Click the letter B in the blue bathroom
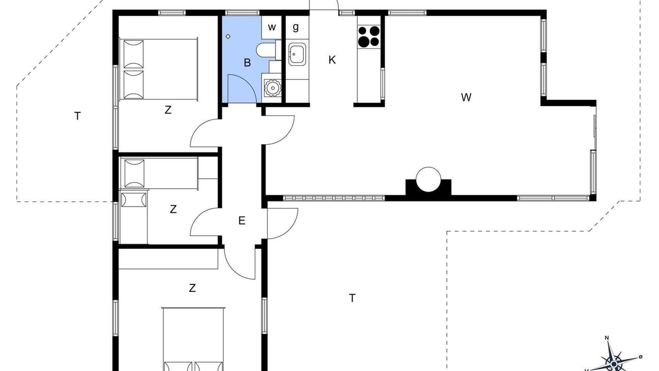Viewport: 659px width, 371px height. tap(247, 63)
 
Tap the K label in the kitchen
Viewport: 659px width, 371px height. tap(332, 60)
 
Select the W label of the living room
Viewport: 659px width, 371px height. tap(466, 97)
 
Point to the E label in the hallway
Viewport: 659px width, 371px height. tap(241, 221)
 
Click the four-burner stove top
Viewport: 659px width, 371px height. tap(369, 37)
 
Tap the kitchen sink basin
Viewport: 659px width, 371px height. tap(297, 54)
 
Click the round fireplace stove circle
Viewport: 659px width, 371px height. tap(428, 179)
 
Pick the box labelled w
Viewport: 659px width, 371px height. tap(271, 27)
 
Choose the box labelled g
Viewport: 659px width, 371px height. tap(297, 27)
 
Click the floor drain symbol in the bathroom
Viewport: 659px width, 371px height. tap(228, 37)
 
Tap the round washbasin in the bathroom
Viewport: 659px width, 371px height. tap(272, 88)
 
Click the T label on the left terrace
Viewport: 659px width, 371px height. tap(77, 116)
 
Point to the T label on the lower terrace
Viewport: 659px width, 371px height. tap(352, 298)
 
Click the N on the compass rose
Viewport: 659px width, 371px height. tap(606, 338)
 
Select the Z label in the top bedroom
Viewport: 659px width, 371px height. tap(168, 110)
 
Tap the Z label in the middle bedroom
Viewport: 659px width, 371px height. tap(173, 209)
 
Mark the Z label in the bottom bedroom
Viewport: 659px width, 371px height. tap(192, 288)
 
